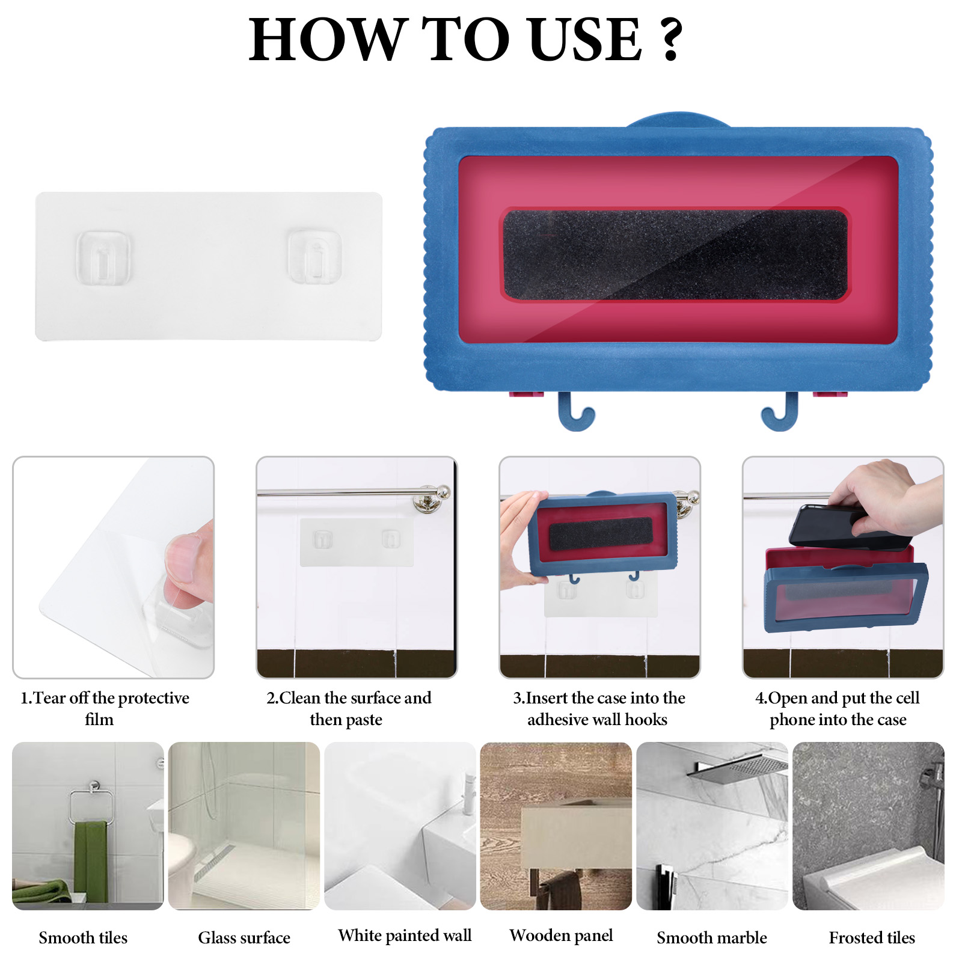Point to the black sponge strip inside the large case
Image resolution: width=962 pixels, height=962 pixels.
pyautogui.click(x=675, y=255)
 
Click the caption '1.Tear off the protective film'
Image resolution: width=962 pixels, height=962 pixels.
pyautogui.click(x=105, y=708)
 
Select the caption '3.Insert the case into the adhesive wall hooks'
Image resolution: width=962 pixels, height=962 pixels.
pyautogui.click(x=599, y=708)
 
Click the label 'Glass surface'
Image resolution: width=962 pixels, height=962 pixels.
pyautogui.click(x=244, y=937)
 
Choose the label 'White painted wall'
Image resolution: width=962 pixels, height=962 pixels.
pyautogui.click(x=405, y=936)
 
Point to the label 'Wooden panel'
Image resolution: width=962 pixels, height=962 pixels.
pyautogui.click(x=561, y=936)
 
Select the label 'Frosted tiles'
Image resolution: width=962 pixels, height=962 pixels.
pyautogui.click(x=872, y=937)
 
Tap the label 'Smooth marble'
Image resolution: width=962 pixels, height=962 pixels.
pyautogui.click(x=711, y=937)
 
